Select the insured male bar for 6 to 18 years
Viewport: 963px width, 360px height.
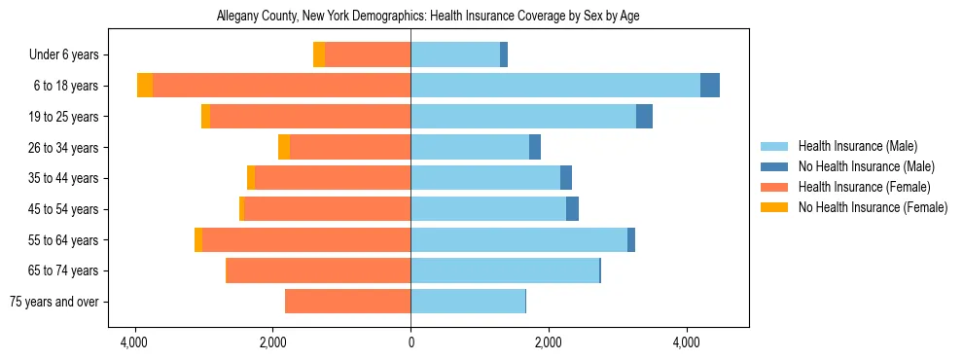pyautogui.click(x=555, y=86)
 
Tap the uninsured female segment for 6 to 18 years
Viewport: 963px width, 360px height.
pyautogui.click(x=145, y=86)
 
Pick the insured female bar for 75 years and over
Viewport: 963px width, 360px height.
pyautogui.click(x=347, y=302)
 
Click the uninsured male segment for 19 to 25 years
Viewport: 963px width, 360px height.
pyautogui.click(x=644, y=117)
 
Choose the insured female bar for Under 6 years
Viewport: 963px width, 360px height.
pyautogui.click(x=368, y=54)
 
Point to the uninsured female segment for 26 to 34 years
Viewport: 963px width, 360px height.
pyautogui.click(x=284, y=147)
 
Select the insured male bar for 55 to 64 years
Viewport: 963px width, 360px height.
pyautogui.click(x=518, y=239)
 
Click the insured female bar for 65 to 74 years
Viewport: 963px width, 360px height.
pyautogui.click(x=318, y=270)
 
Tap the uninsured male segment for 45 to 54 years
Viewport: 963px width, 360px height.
pyautogui.click(x=572, y=209)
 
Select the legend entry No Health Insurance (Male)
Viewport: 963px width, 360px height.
pyautogui.click(x=866, y=166)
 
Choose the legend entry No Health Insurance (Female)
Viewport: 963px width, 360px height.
pyautogui.click(x=873, y=207)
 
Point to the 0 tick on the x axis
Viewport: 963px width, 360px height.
pyautogui.click(x=410, y=342)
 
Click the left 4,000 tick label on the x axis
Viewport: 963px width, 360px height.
pyautogui.click(x=134, y=342)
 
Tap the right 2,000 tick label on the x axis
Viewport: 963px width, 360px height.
pyautogui.click(x=549, y=342)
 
